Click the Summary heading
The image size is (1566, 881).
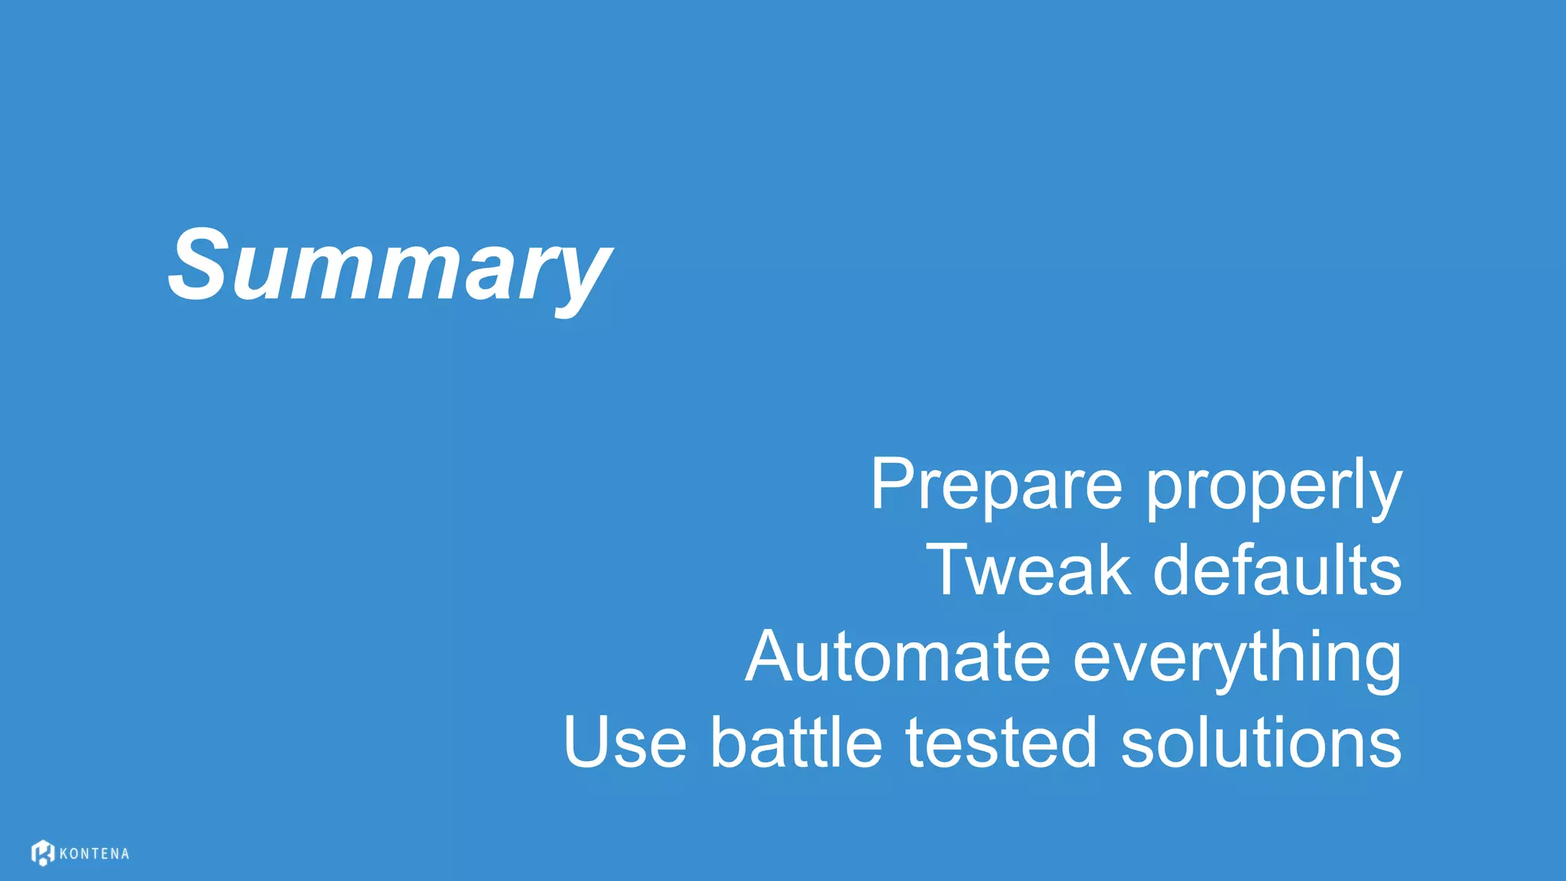(x=389, y=266)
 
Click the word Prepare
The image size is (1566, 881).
(x=996, y=484)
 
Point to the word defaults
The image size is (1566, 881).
(x=1277, y=570)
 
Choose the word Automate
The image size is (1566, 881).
(x=898, y=656)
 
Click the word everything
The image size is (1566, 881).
(x=1237, y=659)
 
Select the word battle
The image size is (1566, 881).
(x=796, y=742)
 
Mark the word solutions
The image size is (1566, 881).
(x=1261, y=742)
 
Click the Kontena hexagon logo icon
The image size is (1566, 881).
(x=43, y=853)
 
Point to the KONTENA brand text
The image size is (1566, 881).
(x=94, y=854)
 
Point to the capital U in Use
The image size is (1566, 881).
(x=588, y=741)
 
